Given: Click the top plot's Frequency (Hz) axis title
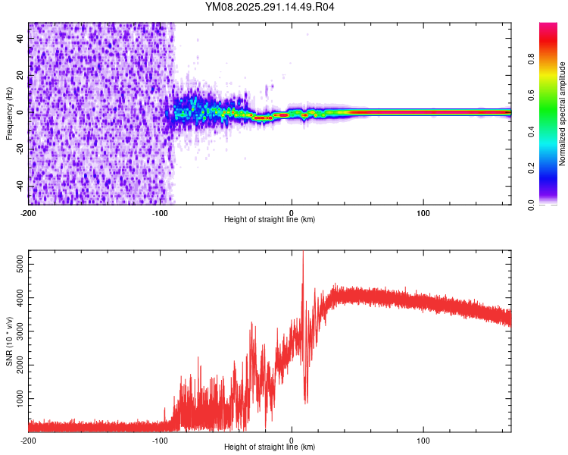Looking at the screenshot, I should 9,114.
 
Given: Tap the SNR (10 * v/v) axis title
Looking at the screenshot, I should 9,341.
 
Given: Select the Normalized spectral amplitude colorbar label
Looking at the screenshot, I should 563,114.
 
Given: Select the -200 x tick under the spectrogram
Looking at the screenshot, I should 29,212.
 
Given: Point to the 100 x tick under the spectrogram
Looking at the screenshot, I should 424,212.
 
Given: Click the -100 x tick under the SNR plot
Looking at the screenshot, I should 161,440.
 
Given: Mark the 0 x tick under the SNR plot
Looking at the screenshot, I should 292,440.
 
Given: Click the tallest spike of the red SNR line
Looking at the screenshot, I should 303,253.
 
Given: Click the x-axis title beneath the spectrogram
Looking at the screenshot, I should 270,220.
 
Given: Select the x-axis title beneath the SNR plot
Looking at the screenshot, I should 270,447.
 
